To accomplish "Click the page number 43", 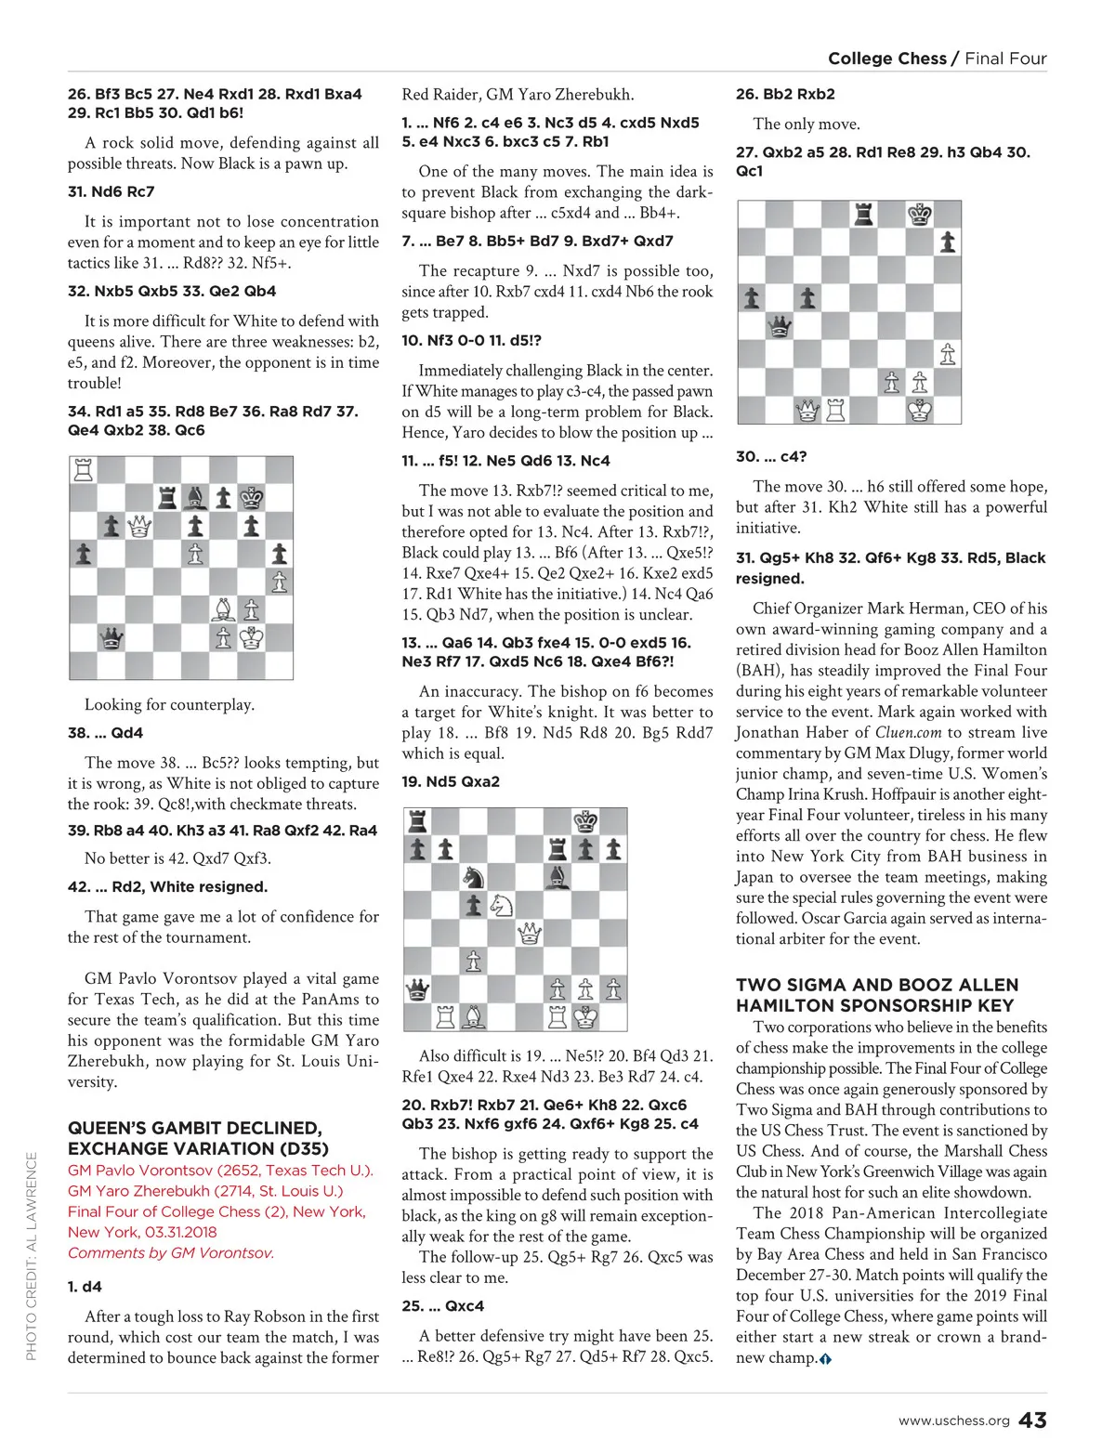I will pos(1032,1420).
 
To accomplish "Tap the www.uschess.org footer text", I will pos(953,1421).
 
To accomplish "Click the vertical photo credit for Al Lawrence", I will pos(32,1256).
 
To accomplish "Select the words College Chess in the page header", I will pos(886,59).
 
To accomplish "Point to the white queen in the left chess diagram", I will pos(139,527).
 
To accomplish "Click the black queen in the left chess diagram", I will pos(111,638).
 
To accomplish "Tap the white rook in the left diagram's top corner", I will pos(84,470).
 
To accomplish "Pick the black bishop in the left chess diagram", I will pos(195,498).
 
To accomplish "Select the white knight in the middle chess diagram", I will pos(502,904).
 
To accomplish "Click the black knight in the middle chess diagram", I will pos(474,876).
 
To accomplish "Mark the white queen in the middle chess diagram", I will pos(530,932).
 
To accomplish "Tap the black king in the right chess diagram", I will pos(920,215).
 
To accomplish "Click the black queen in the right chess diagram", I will pos(780,326).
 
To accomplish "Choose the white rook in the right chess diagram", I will pos(836,409).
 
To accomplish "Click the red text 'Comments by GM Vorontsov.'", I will pos(171,1252).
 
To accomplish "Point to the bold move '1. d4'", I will pos(85,1287).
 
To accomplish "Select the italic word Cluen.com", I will pos(908,732).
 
